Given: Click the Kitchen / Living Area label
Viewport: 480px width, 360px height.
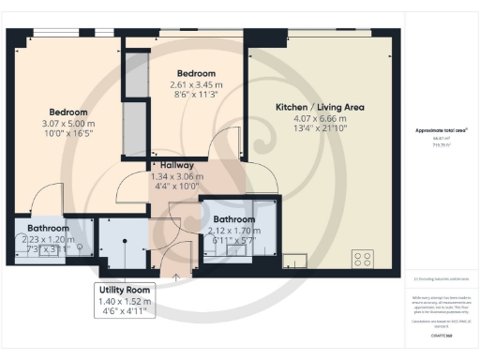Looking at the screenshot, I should tap(320, 107).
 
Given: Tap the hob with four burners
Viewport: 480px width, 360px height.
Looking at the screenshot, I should tap(364, 259).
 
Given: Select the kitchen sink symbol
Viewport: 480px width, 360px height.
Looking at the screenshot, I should tap(293, 260).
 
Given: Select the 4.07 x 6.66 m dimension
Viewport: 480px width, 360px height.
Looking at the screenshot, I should tap(320, 119).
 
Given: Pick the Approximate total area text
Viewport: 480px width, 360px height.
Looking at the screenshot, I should tap(442, 130).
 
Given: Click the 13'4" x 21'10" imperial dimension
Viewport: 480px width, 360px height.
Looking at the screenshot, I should tap(320, 130).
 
